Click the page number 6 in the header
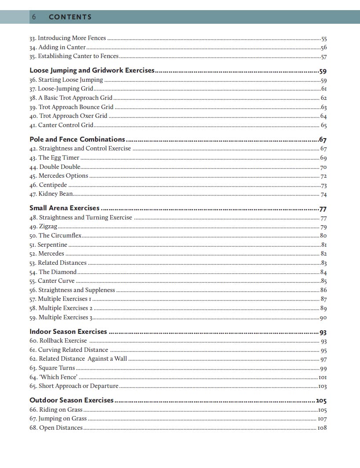pos(33,17)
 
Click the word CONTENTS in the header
pos(70,17)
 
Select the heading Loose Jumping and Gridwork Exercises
pos(92,70)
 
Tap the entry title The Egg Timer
pos(59,157)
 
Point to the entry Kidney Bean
pos(55,194)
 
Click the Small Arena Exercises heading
pos(64,208)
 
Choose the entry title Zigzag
pos(48,227)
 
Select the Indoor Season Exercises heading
pos(68,332)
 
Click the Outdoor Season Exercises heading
pos(71,400)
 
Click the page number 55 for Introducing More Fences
pos(324,39)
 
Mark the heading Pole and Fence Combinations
pos(77,139)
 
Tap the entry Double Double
pos(60,167)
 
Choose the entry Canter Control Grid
pos(66,125)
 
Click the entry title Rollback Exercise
pos(63,340)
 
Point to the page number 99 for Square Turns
pos(323,368)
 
